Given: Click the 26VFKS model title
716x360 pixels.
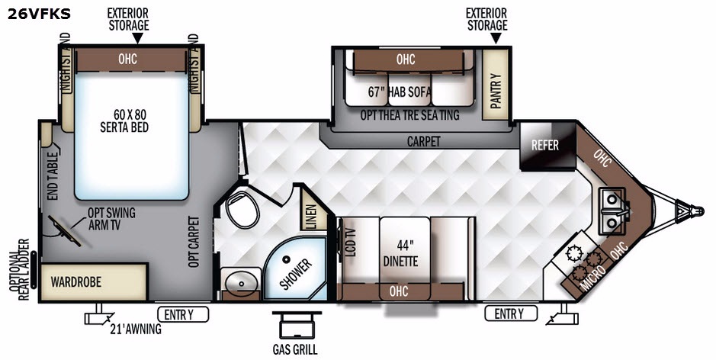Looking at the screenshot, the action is (x=39, y=14).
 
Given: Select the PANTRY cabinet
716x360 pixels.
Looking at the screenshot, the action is (x=496, y=85).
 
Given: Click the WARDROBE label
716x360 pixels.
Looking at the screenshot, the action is (x=75, y=281).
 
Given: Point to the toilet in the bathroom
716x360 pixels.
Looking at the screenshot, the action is (x=242, y=209).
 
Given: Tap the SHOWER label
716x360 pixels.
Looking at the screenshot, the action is (x=296, y=274).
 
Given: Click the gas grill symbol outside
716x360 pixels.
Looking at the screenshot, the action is (x=297, y=325).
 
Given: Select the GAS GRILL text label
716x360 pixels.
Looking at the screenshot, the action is (x=295, y=350).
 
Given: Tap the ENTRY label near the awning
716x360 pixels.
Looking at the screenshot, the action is (x=183, y=314).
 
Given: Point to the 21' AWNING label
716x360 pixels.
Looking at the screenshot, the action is (x=136, y=329).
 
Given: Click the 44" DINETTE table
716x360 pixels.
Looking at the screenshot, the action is (x=405, y=259).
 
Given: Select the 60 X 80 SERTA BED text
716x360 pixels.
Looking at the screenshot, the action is (x=124, y=121).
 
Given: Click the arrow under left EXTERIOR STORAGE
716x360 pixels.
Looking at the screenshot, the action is (x=137, y=40).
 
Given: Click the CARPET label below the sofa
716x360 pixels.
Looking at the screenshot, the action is (x=424, y=141).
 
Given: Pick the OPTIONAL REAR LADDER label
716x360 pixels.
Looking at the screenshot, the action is (x=19, y=270).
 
